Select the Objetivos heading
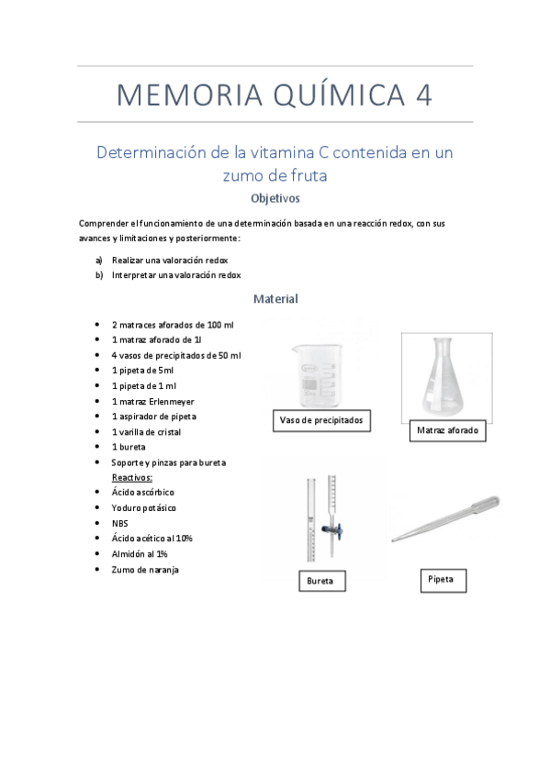[275, 197]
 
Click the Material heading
[275, 299]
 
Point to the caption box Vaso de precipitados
[321, 421]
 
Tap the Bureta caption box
[320, 581]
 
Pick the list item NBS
[120, 523]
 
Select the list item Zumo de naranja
[145, 570]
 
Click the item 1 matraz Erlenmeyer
[152, 401]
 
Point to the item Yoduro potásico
[144, 507]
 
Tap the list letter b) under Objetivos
[99, 274]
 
